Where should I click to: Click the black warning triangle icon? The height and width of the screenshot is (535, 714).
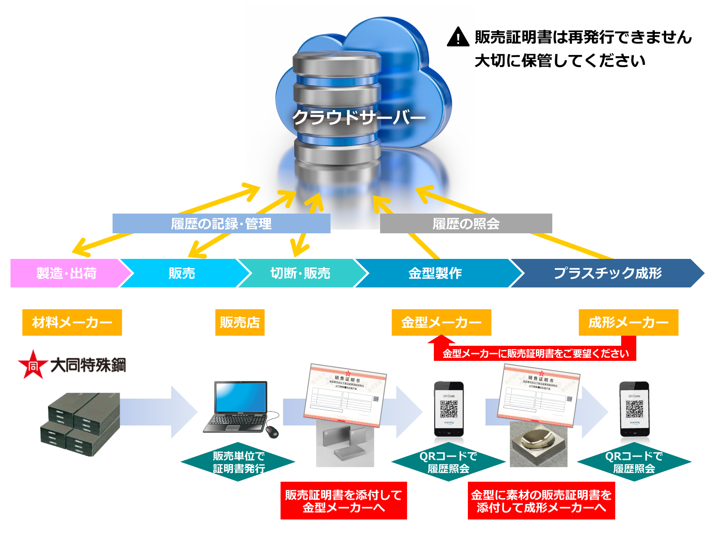458,37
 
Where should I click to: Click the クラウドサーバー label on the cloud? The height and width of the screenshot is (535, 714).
359,117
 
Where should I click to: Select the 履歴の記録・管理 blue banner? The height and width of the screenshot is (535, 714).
221,223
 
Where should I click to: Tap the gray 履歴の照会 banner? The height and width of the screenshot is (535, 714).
466,223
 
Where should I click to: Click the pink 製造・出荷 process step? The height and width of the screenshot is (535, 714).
66,273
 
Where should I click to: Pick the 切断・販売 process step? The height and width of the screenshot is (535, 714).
300,273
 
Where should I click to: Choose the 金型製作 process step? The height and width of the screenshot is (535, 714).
435,273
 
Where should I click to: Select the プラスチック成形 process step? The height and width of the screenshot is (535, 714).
607,273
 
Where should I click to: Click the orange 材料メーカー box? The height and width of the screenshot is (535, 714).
72,322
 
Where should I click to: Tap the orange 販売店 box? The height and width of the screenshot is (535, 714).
239,322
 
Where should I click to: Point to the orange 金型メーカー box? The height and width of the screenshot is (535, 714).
441,322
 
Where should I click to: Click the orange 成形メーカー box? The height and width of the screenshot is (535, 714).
628,322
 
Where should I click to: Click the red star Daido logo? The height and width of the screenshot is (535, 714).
33,365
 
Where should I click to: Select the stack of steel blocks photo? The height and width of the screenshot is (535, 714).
78,425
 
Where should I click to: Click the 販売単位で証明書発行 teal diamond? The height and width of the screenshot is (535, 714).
238,462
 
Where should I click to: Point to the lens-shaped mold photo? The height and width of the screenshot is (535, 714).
539,445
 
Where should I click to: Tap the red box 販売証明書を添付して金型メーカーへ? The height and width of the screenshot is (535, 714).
344,501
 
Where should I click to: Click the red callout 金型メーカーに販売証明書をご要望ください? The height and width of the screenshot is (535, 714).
535,353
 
